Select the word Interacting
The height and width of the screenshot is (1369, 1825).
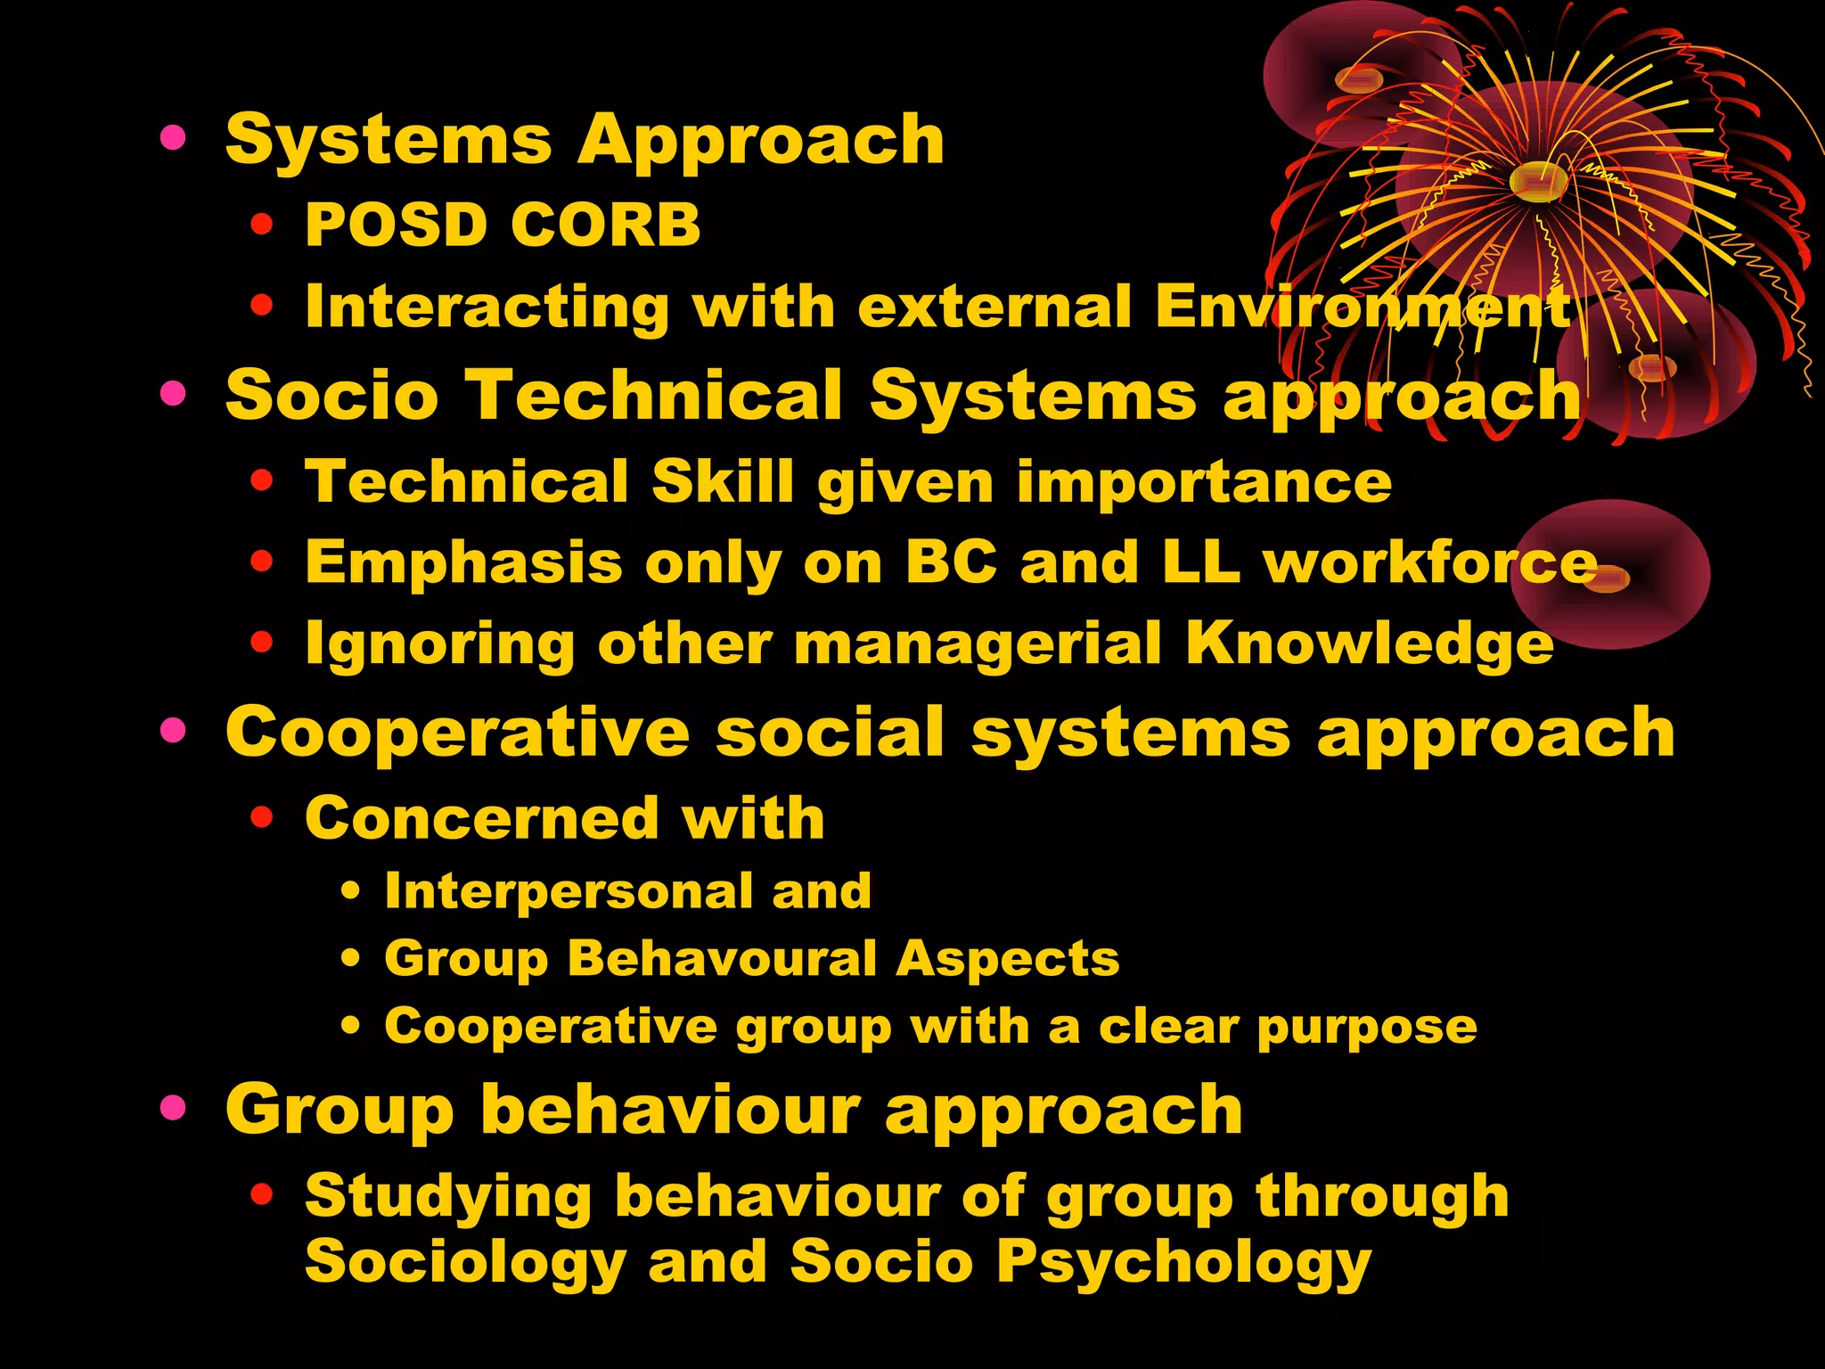[487, 307]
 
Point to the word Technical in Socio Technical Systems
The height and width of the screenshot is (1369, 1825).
[655, 394]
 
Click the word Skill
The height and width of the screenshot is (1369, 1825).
[723, 481]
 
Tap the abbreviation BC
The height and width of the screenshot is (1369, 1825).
[951, 562]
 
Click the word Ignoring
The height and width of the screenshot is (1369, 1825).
[439, 644]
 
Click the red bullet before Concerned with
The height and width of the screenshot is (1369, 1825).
[261, 816]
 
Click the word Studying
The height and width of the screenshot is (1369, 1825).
[448, 1196]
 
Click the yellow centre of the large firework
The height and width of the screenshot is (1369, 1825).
[1538, 181]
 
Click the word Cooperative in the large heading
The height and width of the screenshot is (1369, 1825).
[457, 733]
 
